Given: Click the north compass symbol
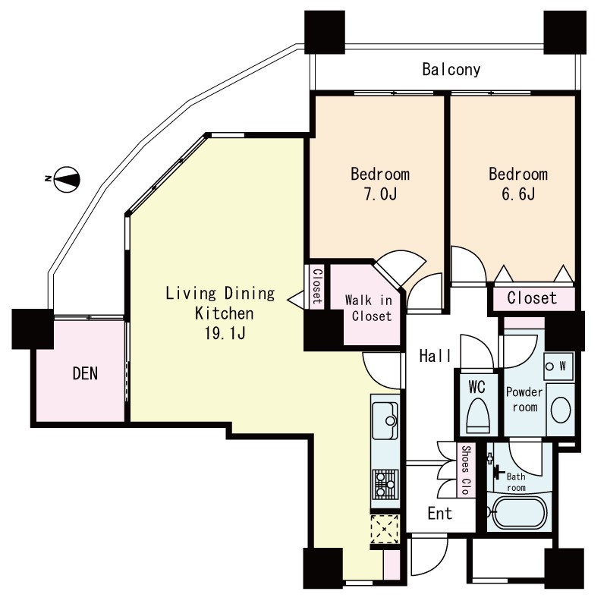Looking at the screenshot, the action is pyautogui.click(x=66, y=179).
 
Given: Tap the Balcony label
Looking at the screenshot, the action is pyautogui.click(x=451, y=70).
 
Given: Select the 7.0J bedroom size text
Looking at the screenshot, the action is pyautogui.click(x=380, y=193).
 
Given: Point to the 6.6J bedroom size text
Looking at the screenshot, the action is pyautogui.click(x=518, y=193).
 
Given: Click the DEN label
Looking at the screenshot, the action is pyautogui.click(x=85, y=373).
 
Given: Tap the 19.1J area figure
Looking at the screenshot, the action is pyautogui.click(x=225, y=333).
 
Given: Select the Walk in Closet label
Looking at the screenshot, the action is pyautogui.click(x=369, y=308).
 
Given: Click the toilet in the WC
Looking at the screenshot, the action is pyautogui.click(x=478, y=416).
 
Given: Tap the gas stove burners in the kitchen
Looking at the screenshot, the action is pyautogui.click(x=385, y=484).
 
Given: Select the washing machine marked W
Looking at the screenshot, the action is pyautogui.click(x=558, y=366).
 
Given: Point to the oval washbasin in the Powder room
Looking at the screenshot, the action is pyautogui.click(x=560, y=409).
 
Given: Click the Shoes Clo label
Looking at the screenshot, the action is pyautogui.click(x=466, y=470).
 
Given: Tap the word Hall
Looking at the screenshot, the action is pyautogui.click(x=435, y=356).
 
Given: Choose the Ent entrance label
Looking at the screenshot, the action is pyautogui.click(x=440, y=514).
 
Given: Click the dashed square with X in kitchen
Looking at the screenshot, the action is pyautogui.click(x=385, y=529).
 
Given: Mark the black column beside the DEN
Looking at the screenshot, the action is pyautogui.click(x=33, y=329).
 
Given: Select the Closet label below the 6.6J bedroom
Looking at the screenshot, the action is pyautogui.click(x=532, y=298).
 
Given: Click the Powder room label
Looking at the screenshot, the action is pyautogui.click(x=524, y=400).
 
